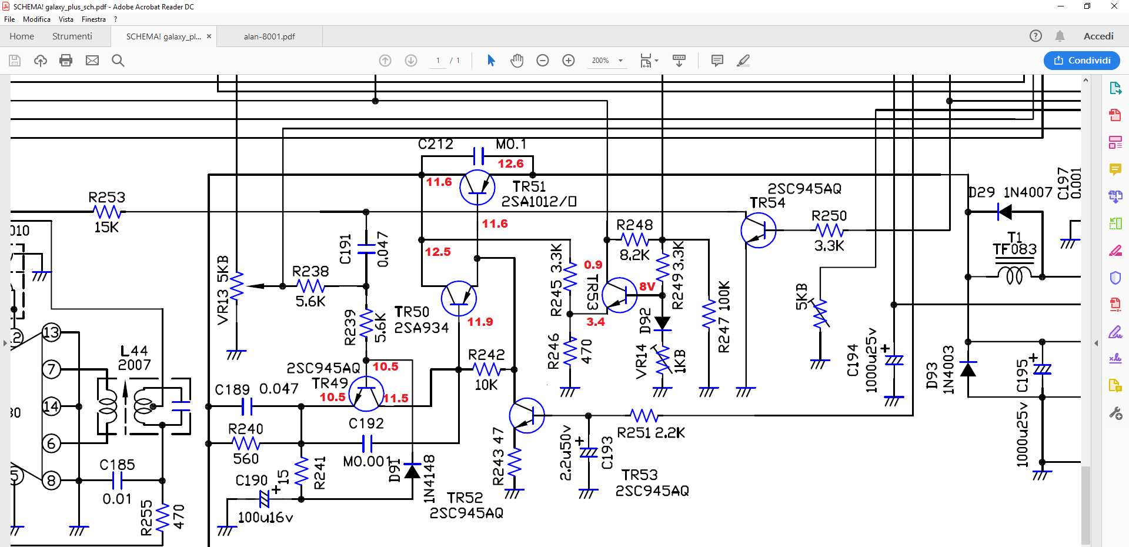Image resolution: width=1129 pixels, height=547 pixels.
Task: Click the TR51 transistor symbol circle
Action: point(477,187)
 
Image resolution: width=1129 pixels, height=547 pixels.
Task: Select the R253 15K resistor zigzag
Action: point(108,212)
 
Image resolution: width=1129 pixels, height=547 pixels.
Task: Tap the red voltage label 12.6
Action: point(510,164)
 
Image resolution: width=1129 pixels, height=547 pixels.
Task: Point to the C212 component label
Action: point(436,144)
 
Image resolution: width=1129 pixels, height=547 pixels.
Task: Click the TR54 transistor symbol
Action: point(759,230)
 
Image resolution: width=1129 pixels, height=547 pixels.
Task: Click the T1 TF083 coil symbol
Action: point(1014,275)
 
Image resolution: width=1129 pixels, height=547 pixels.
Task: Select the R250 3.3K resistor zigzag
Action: point(830,231)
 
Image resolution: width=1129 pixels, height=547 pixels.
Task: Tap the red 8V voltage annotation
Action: point(647,286)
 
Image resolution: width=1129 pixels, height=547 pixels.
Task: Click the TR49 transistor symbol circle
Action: point(366,393)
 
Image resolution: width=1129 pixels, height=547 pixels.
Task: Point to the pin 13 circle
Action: point(52,332)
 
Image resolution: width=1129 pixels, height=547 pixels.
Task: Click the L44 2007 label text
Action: point(135,358)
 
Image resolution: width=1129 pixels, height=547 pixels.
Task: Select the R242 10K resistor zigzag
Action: point(487,369)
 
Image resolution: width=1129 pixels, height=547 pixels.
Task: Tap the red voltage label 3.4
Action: point(596,322)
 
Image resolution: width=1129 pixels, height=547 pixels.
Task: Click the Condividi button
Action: point(1082,60)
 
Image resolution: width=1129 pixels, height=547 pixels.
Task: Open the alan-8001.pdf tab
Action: point(269,36)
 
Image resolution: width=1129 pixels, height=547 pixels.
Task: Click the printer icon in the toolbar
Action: point(66,60)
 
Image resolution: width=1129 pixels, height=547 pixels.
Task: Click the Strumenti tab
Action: point(72,36)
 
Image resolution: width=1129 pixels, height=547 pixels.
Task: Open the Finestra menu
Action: point(94,19)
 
